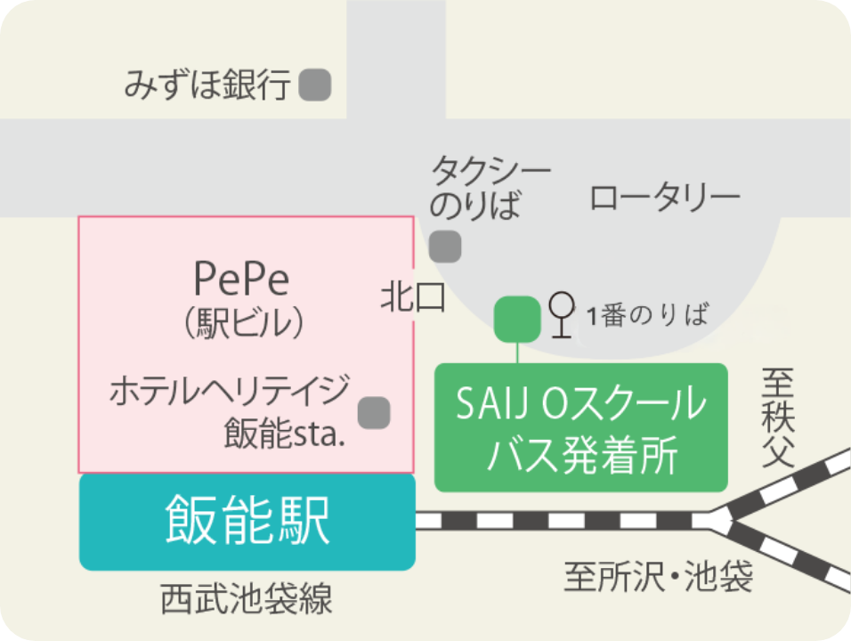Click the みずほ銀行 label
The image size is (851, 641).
pos(207,85)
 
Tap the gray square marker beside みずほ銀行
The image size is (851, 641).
pos(315,85)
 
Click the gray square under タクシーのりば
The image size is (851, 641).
pos(445,246)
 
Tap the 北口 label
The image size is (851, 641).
pos(412,297)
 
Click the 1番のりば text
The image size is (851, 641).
pos(647,315)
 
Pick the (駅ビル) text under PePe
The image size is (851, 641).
pos(243,323)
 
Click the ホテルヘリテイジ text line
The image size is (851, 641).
pos(229,392)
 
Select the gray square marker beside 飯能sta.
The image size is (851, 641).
pos(374,412)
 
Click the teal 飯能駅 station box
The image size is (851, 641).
pos(247,522)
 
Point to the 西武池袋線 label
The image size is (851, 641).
pos(247,599)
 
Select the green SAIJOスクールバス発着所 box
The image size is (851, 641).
pos(580,427)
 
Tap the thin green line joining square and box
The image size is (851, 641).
pos(517,352)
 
